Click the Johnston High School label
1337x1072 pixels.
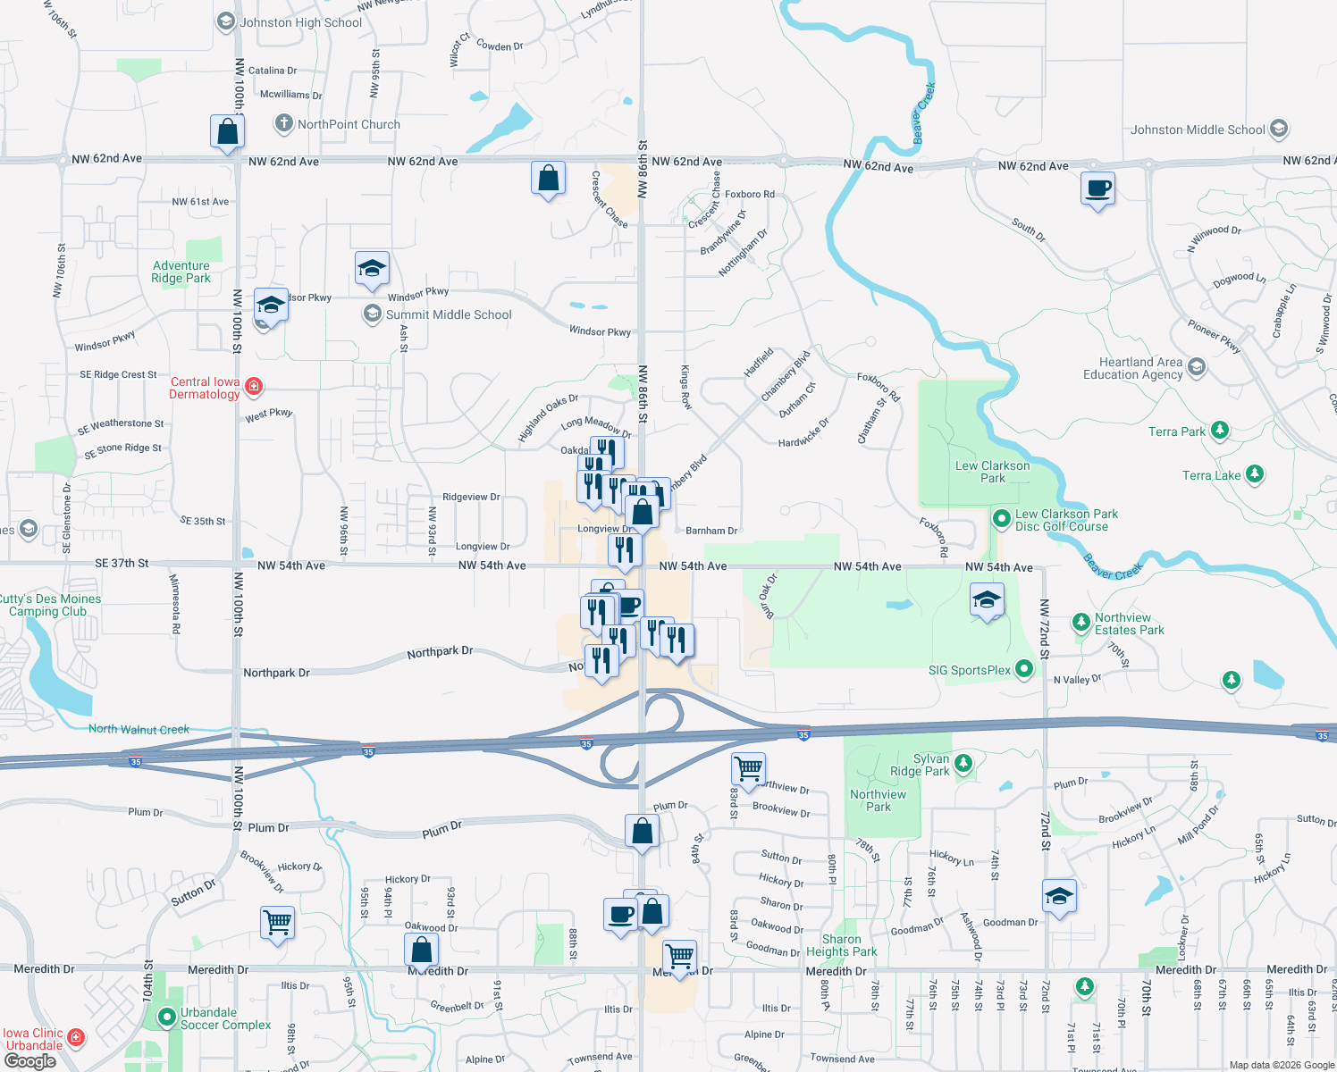[300, 22]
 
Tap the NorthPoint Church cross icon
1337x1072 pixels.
[283, 123]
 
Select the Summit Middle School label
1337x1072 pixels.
[448, 314]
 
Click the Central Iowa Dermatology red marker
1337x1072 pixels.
[254, 386]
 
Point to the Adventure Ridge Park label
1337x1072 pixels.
[181, 272]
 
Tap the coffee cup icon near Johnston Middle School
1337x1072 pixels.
[1097, 189]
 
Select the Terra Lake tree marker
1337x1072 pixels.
[1255, 473]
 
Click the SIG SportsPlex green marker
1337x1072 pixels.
[1024, 668]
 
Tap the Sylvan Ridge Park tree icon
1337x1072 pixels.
[963, 763]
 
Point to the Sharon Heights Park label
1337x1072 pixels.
[841, 945]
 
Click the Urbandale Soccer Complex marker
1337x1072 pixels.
[166, 1017]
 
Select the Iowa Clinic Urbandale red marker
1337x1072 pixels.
[76, 1036]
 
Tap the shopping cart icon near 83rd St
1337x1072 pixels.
[748, 767]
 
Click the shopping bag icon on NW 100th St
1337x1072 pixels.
[228, 131]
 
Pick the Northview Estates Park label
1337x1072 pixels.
[1129, 624]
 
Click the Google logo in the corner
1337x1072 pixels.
[29, 1061]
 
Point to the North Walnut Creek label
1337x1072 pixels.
[139, 729]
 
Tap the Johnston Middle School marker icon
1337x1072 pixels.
[1278, 129]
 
